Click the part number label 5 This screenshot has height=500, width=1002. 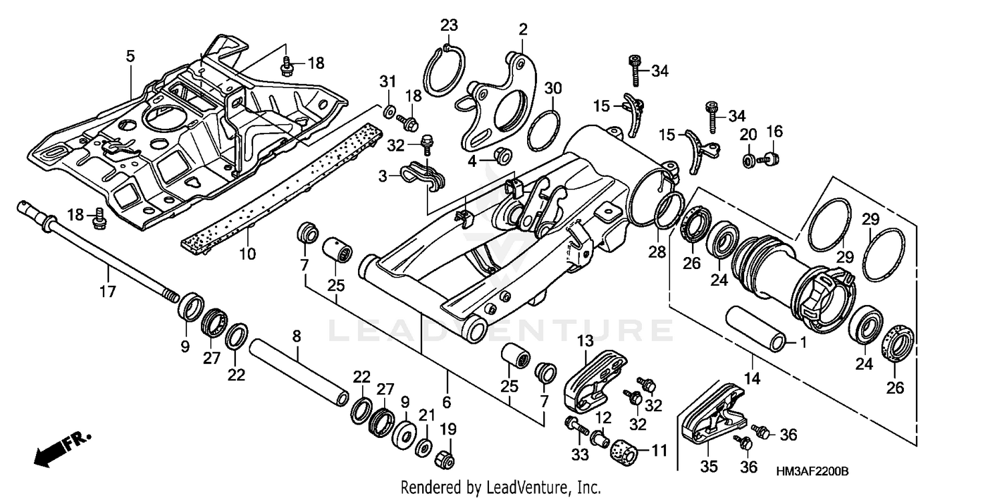coord(130,57)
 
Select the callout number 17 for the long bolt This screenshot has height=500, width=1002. coord(108,292)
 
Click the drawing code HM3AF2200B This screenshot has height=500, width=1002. coord(812,471)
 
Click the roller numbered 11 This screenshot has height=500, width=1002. coord(626,451)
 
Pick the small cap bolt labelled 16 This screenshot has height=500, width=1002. coord(772,159)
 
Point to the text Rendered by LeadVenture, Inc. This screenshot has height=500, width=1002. coord(500,488)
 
